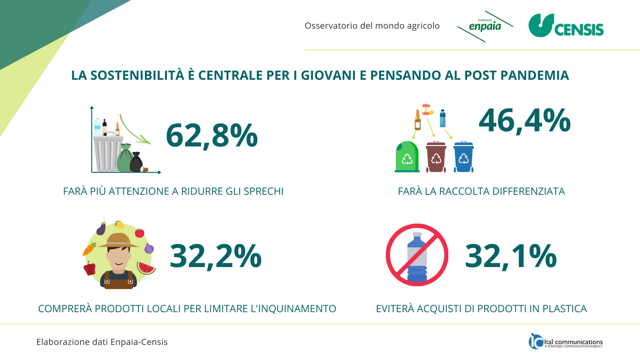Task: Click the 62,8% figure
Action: tap(211, 135)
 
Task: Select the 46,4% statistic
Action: tap(524, 121)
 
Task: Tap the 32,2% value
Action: tap(215, 256)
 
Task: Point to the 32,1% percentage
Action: tap(510, 256)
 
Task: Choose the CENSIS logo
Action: tap(566, 27)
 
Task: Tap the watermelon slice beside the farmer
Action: tap(147, 270)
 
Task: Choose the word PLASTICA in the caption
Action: tap(556, 309)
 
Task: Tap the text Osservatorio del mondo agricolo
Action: tap(372, 25)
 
